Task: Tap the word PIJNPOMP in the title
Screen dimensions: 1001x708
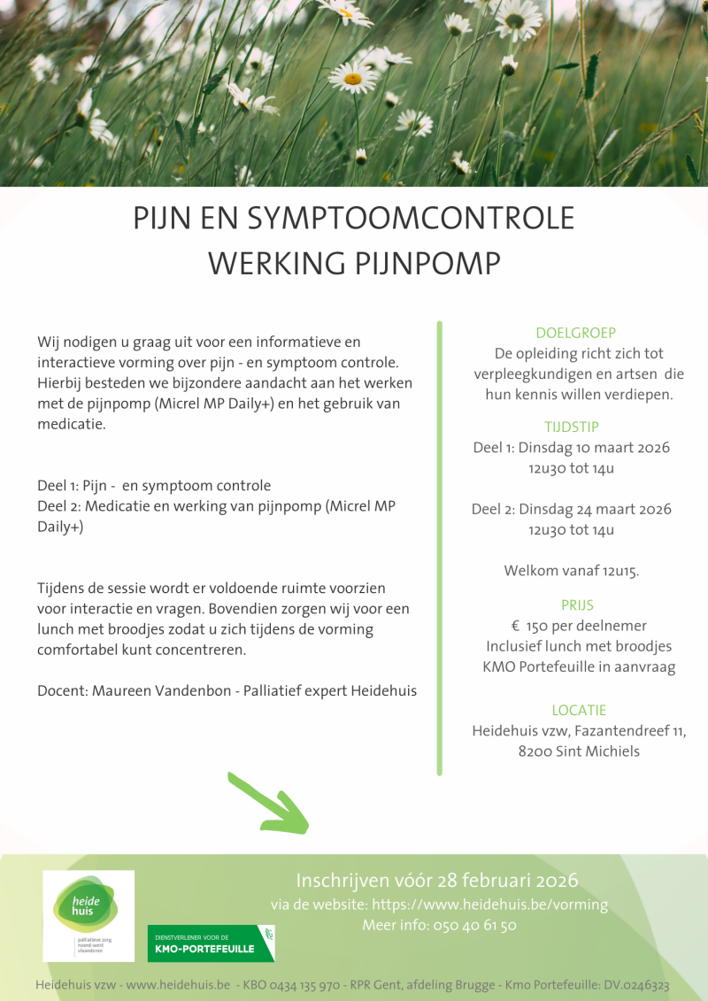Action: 429,264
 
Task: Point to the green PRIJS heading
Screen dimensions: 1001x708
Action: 577,605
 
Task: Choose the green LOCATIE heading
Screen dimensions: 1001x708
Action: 579,710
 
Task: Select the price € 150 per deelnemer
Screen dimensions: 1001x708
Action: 579,626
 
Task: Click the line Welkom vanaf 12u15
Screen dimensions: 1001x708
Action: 572,571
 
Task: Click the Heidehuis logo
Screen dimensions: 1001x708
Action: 88,915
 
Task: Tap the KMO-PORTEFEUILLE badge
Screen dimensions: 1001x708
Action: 211,943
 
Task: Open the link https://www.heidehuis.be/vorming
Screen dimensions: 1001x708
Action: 489,905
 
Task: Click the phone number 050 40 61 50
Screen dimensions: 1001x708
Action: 474,926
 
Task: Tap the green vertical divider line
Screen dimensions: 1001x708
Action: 439,549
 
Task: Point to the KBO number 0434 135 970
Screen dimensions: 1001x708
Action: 292,985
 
